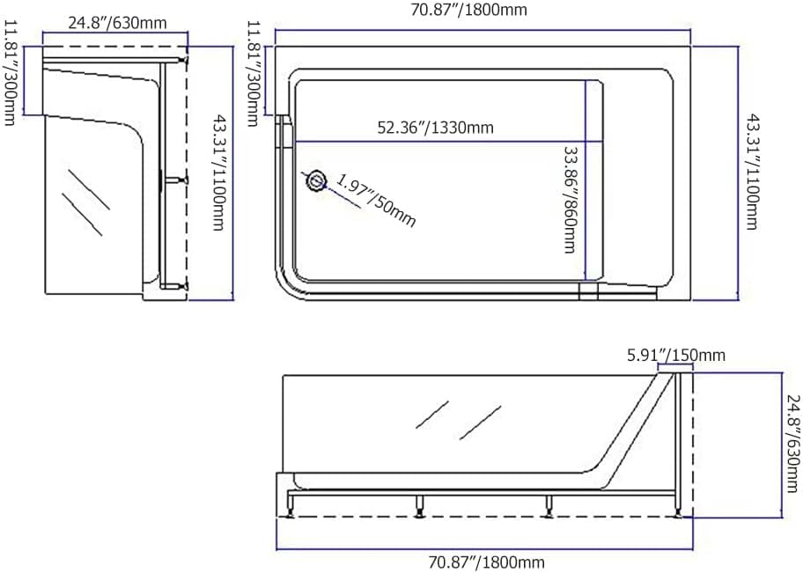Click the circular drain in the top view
[x=315, y=180]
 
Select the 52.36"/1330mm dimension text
[x=435, y=128]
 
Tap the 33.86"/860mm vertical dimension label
[x=570, y=200]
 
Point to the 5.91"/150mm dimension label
[x=675, y=356]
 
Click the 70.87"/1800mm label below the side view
[x=486, y=562]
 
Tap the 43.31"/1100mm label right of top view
[x=751, y=173]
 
